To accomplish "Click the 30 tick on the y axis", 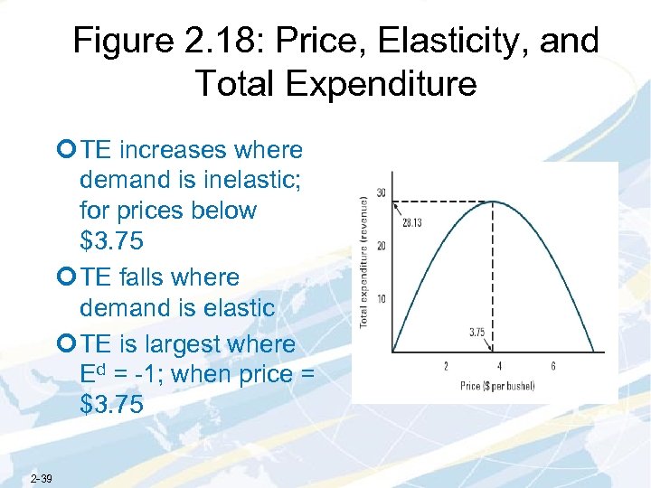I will tap(381, 192).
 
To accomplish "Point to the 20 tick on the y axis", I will tap(381, 246).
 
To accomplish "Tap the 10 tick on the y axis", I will tap(381, 298).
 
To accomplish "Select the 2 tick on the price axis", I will tap(445, 366).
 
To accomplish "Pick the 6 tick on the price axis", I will tap(552, 366).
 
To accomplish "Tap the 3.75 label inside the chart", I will tap(477, 332).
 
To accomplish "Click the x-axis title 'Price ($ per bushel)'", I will tap(497, 386).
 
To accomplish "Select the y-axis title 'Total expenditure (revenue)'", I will tap(365, 261).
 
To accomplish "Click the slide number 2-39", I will tap(41, 478).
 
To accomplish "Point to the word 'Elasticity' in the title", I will tap(416, 42).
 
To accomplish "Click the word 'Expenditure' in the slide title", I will tap(384, 83).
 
